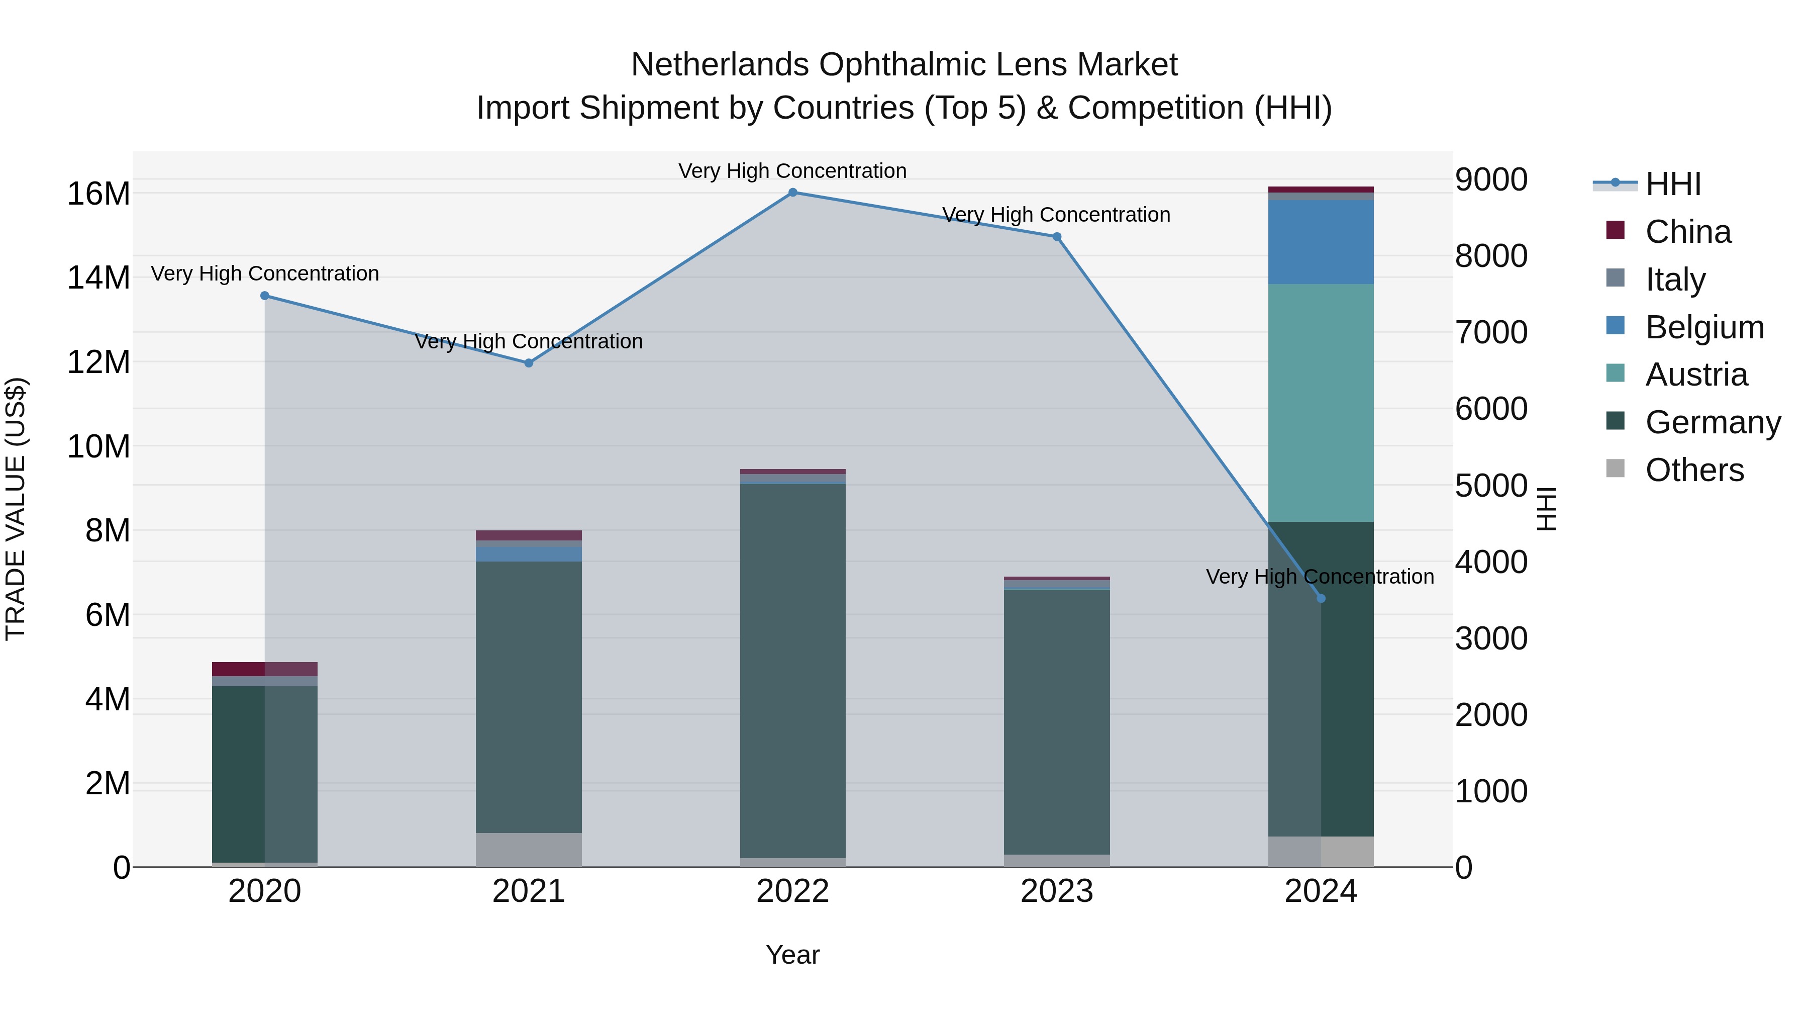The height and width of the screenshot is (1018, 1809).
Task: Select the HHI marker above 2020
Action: [x=265, y=296]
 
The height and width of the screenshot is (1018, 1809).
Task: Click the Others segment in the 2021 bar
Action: [x=528, y=850]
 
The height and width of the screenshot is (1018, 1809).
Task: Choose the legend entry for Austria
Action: [x=1695, y=375]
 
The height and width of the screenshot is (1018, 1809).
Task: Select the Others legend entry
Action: [x=1694, y=470]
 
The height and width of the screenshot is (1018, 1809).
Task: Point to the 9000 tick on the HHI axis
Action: [x=1490, y=180]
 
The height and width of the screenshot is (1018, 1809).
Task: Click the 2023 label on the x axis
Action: [x=1056, y=891]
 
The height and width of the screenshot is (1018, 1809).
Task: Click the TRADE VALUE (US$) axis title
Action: [x=16, y=509]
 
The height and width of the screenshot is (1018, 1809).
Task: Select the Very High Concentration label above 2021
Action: [x=528, y=341]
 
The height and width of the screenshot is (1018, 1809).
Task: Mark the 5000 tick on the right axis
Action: [x=1490, y=486]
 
